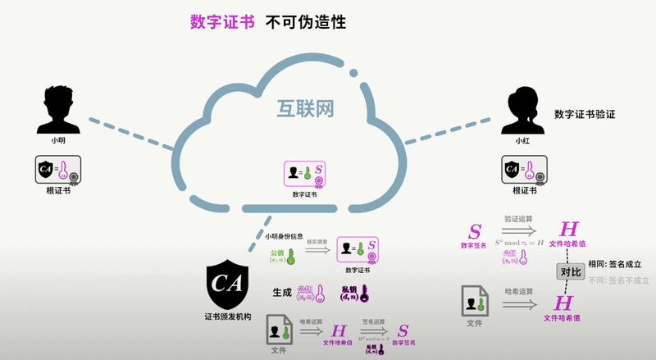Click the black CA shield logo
point(225,281)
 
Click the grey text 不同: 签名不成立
point(619,280)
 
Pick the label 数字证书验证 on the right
point(585,114)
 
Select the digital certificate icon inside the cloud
point(304,175)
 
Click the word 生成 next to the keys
point(282,291)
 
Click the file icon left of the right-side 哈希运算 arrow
point(474,301)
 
